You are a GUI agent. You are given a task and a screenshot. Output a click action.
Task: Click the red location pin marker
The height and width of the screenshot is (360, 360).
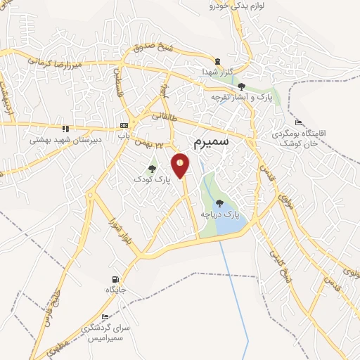[181, 165]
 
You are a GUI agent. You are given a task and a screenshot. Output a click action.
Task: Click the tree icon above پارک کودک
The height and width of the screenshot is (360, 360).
[152, 169]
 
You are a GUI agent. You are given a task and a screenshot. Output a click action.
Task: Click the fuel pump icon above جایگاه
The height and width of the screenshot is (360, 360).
[115, 279]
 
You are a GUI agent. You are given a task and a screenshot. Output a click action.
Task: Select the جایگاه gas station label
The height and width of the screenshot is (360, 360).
[115, 290]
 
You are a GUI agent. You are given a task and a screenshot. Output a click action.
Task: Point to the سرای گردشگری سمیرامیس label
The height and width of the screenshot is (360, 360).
[105, 333]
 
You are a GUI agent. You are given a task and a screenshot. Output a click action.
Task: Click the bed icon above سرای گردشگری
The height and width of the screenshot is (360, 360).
[105, 317]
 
